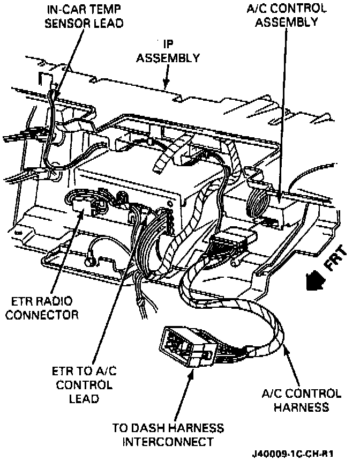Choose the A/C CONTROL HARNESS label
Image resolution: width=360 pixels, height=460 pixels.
[x=301, y=400]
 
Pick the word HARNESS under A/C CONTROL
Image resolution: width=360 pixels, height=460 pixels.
[x=301, y=407]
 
